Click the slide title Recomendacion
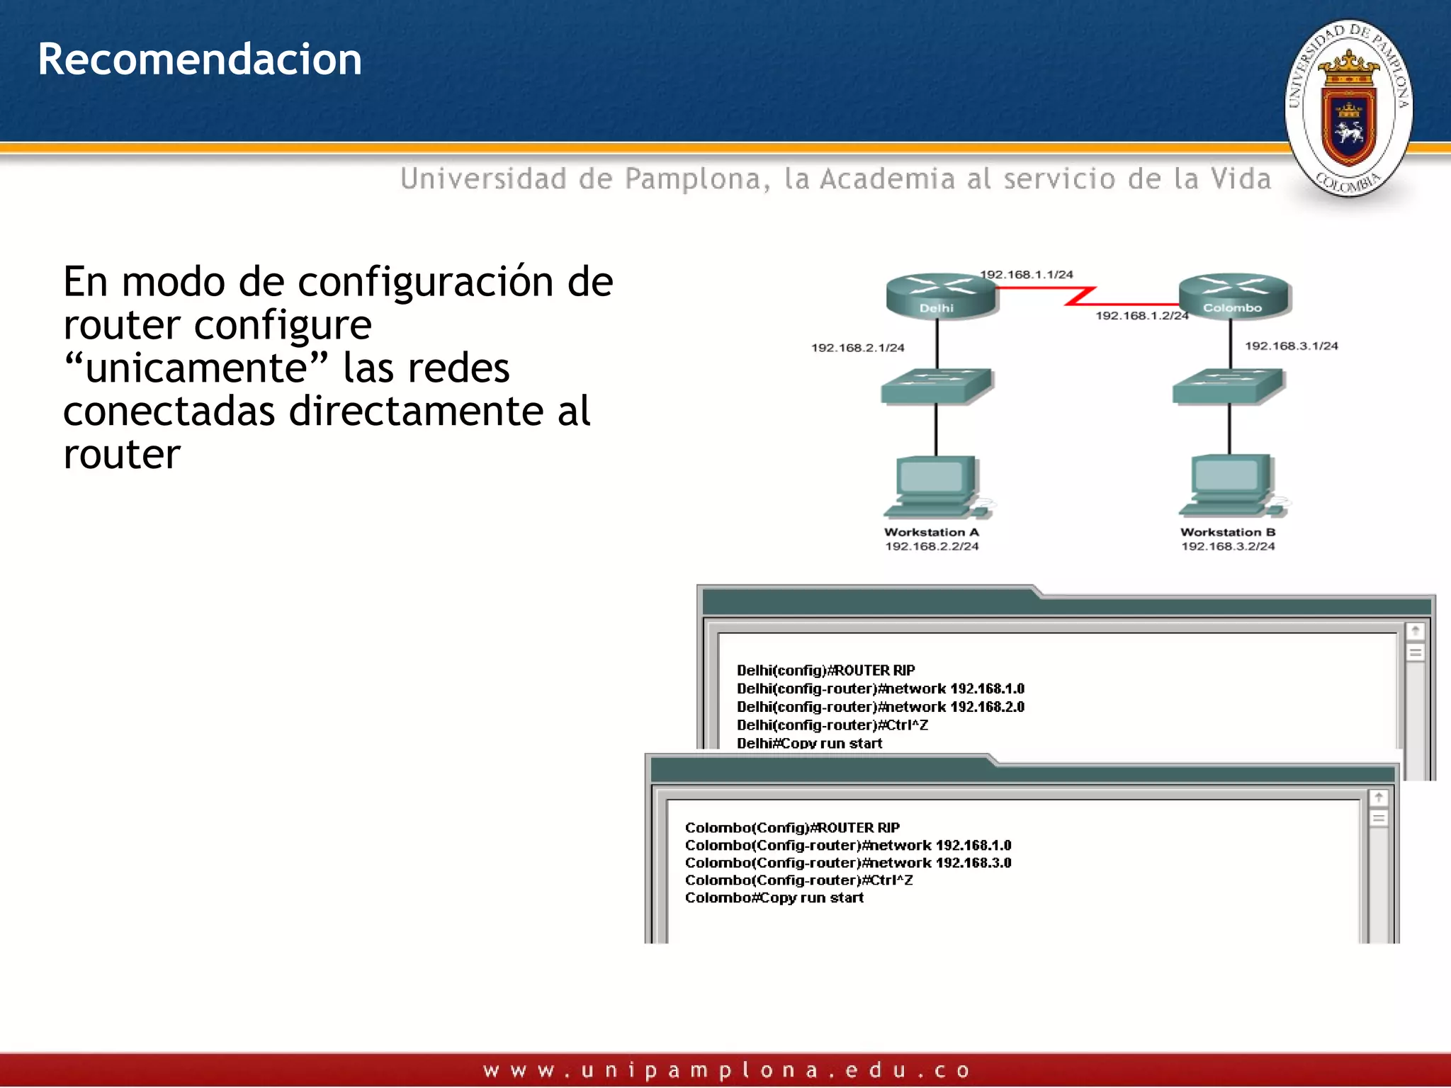200,59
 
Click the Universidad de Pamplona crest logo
1348,108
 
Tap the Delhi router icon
941,295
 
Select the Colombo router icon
1233,295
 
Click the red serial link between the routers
1080,295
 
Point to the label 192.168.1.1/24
1026,274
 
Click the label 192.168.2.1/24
857,348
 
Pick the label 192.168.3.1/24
1291,346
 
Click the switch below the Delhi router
937,386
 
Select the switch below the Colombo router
1228,386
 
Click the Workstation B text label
1227,532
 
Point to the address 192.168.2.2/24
932,546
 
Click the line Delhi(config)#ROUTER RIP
825,670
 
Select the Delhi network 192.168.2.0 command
880,707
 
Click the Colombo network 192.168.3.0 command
847,863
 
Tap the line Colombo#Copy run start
774,898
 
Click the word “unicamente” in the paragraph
196,368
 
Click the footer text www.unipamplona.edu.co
725,1070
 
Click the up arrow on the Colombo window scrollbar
1378,798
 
